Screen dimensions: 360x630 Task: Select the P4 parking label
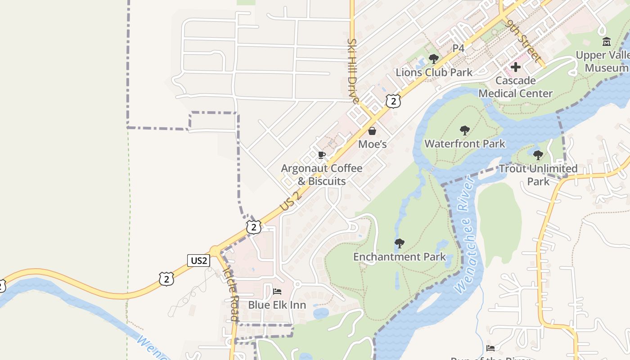(x=458, y=48)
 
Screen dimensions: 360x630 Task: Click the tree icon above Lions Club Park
(x=434, y=59)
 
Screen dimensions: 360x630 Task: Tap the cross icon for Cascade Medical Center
(x=516, y=67)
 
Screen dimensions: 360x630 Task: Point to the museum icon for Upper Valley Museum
(x=607, y=42)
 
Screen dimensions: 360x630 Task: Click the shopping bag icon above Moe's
(x=372, y=131)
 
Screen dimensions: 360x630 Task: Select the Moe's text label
(x=372, y=144)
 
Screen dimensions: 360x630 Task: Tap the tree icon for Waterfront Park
(x=465, y=131)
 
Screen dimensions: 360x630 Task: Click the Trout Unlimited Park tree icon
(x=538, y=156)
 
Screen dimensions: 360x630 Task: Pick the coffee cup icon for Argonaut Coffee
(x=321, y=155)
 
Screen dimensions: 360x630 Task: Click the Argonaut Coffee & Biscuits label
(x=321, y=175)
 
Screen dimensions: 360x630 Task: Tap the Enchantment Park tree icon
(x=399, y=244)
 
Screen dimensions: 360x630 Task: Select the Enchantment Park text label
(x=399, y=257)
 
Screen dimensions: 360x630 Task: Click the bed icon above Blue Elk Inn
(x=277, y=292)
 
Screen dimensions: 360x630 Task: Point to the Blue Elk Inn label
(x=277, y=305)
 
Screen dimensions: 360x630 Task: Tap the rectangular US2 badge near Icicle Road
(x=198, y=260)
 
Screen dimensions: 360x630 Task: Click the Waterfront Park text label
(x=465, y=144)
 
